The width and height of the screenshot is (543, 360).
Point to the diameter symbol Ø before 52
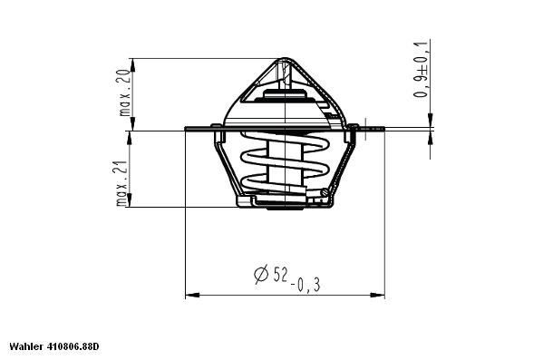click(260, 273)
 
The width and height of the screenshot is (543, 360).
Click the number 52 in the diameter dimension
click(280, 273)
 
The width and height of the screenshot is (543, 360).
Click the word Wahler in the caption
click(25, 347)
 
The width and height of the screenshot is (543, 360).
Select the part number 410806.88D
click(73, 347)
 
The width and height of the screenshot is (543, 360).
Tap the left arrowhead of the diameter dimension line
click(189, 295)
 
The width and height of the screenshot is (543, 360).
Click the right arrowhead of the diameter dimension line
click(380, 295)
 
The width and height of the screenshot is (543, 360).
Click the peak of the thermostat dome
click(285, 59)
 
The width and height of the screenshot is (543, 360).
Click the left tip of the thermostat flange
click(186, 128)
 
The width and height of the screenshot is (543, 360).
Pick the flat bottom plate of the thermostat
click(283, 203)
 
